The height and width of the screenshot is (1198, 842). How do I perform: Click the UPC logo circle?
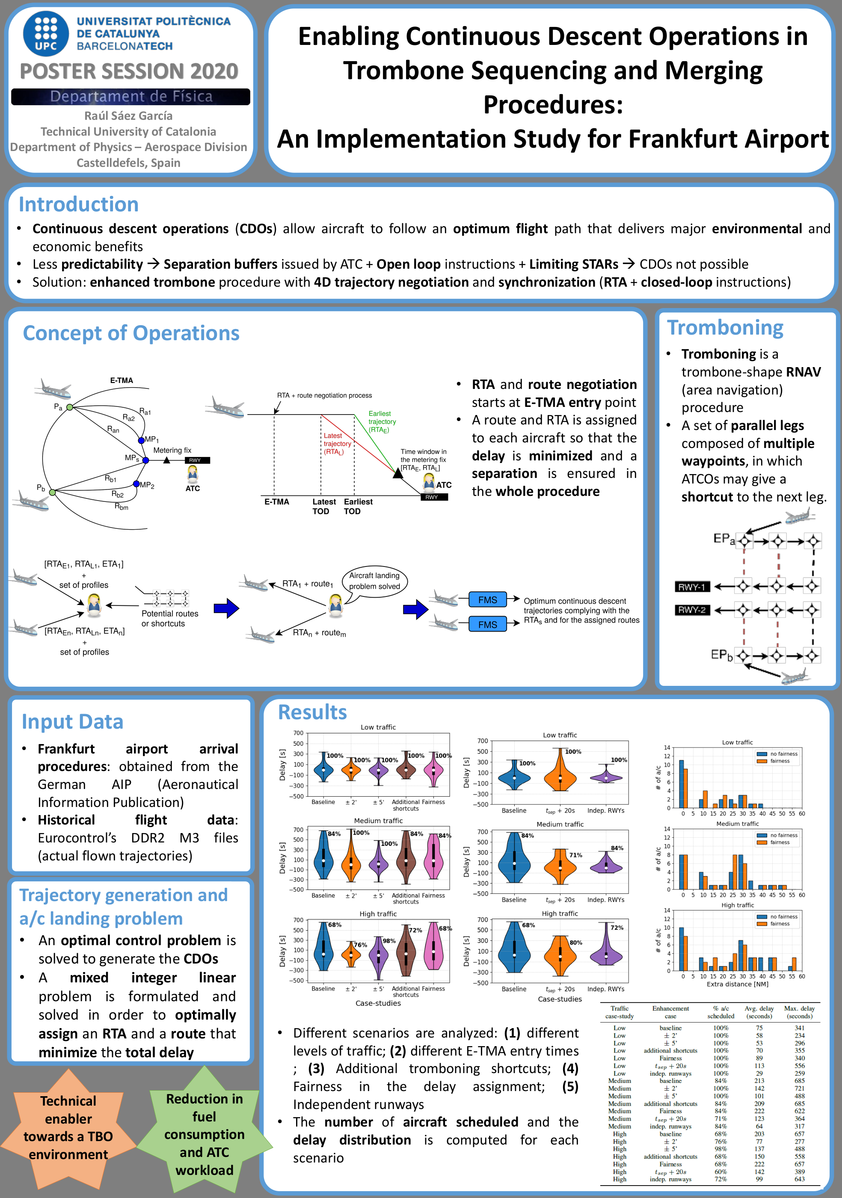point(46,33)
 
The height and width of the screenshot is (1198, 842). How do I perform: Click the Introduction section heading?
point(79,205)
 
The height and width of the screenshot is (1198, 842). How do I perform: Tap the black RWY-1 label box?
point(691,587)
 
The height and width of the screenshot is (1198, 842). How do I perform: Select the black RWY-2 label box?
point(691,610)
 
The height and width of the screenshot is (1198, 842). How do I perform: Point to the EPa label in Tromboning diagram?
point(723,539)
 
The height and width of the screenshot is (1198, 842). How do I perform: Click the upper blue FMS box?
point(487,599)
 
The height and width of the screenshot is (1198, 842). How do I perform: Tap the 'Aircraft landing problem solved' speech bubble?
point(374,581)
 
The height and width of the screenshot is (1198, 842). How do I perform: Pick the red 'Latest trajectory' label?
point(336,444)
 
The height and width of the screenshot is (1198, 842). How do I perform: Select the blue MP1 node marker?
point(141,440)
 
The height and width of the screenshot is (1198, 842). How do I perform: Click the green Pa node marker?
point(69,407)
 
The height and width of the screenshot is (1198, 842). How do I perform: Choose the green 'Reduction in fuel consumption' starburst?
point(205,1134)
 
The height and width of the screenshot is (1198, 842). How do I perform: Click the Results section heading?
point(312,712)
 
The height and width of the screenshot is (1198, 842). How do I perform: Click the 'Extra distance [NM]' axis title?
point(737,984)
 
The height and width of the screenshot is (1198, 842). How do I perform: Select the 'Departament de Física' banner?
point(130,97)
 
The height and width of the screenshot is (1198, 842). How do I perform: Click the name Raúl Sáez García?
point(128,116)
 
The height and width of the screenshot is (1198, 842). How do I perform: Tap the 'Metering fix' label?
point(172,450)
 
